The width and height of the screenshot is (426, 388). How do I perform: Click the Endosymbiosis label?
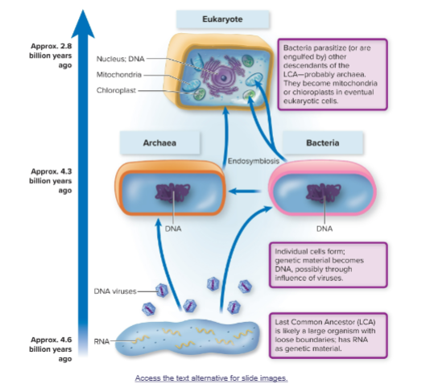click(x=254, y=161)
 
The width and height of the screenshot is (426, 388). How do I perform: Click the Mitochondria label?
click(x=119, y=75)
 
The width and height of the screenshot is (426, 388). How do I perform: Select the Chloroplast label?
click(x=118, y=90)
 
